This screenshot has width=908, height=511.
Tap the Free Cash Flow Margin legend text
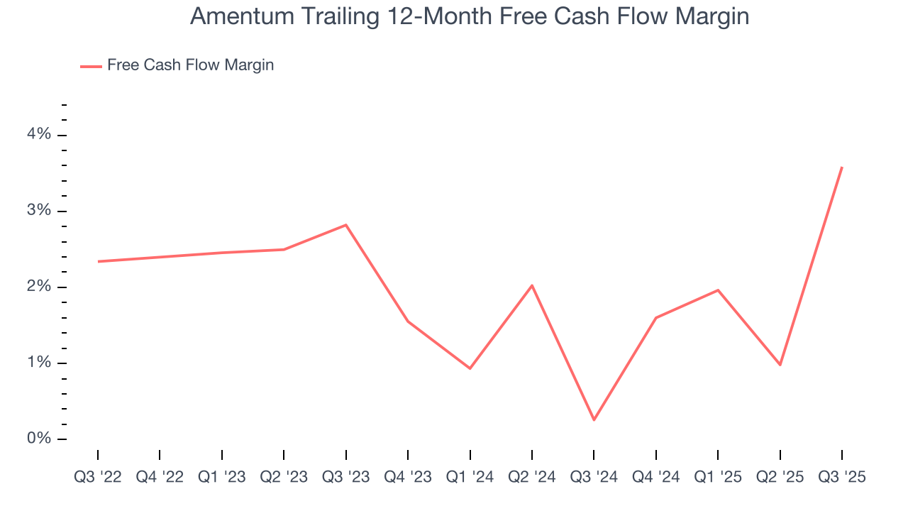[190, 65]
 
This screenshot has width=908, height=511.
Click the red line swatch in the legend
[91, 66]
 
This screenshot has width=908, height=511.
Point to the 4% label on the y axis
[40, 134]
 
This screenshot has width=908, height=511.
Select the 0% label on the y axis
[40, 439]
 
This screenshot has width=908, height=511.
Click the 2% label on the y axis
[40, 287]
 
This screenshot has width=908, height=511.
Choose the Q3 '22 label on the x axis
[98, 477]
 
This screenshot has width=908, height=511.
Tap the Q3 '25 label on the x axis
[842, 477]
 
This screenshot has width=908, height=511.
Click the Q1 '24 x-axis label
[470, 477]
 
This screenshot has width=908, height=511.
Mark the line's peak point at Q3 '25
[842, 167]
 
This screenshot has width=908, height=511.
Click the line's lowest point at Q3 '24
[594, 420]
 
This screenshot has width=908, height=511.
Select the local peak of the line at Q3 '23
[345, 225]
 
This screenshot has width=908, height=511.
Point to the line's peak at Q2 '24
[532, 285]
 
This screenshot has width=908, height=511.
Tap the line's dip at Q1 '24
[470, 368]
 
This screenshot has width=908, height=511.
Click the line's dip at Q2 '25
[780, 365]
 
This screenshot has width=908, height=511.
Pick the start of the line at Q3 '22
[98, 261]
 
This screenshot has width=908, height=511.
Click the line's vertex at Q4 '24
[656, 318]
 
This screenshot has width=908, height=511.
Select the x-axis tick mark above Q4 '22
[160, 455]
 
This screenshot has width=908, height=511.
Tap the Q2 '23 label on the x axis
[284, 477]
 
